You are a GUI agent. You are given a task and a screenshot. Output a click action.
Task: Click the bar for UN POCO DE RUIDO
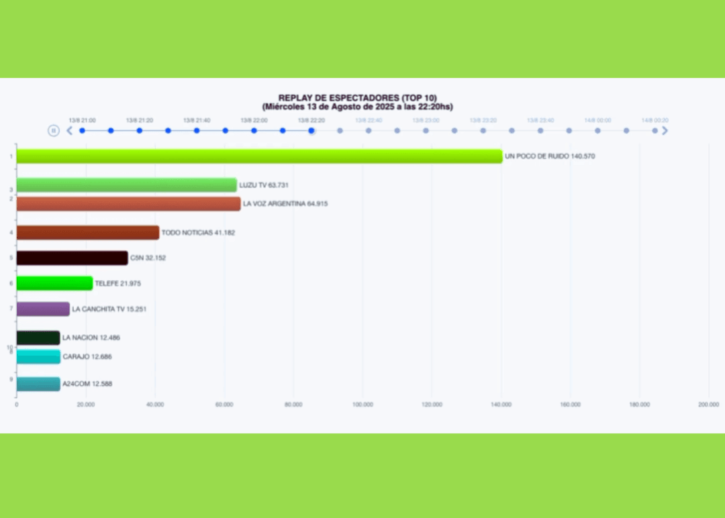259,156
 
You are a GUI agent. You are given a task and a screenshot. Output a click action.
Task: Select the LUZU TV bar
126,185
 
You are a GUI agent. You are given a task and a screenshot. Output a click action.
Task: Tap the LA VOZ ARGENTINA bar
128,204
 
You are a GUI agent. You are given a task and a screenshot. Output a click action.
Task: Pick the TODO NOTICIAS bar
88,233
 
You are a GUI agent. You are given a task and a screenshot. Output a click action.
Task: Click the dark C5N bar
72,258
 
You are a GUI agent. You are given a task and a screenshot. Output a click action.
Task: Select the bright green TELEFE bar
54,284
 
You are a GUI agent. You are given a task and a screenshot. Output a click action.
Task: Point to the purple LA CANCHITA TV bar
43,309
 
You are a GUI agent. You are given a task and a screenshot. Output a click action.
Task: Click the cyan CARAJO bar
38,357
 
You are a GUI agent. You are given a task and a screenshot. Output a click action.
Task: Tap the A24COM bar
38,384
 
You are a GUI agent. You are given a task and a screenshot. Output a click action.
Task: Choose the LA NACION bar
38,338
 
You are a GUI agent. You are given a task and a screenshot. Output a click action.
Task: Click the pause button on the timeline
54,131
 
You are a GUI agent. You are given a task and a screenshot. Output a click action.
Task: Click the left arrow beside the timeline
69,131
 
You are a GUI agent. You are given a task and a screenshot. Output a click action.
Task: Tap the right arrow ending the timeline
665,131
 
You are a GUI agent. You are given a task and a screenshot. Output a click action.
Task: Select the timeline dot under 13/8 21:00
82,131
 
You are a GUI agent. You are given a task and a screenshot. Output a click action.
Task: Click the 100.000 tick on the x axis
362,405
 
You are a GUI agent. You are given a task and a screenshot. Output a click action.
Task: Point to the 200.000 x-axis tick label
708,405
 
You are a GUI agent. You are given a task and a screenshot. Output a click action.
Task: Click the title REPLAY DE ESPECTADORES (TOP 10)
357,98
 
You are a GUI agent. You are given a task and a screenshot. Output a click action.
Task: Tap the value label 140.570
581,156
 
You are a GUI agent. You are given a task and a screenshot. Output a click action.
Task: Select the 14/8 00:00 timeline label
597,120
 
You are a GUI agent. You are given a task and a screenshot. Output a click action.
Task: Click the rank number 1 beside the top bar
11,156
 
